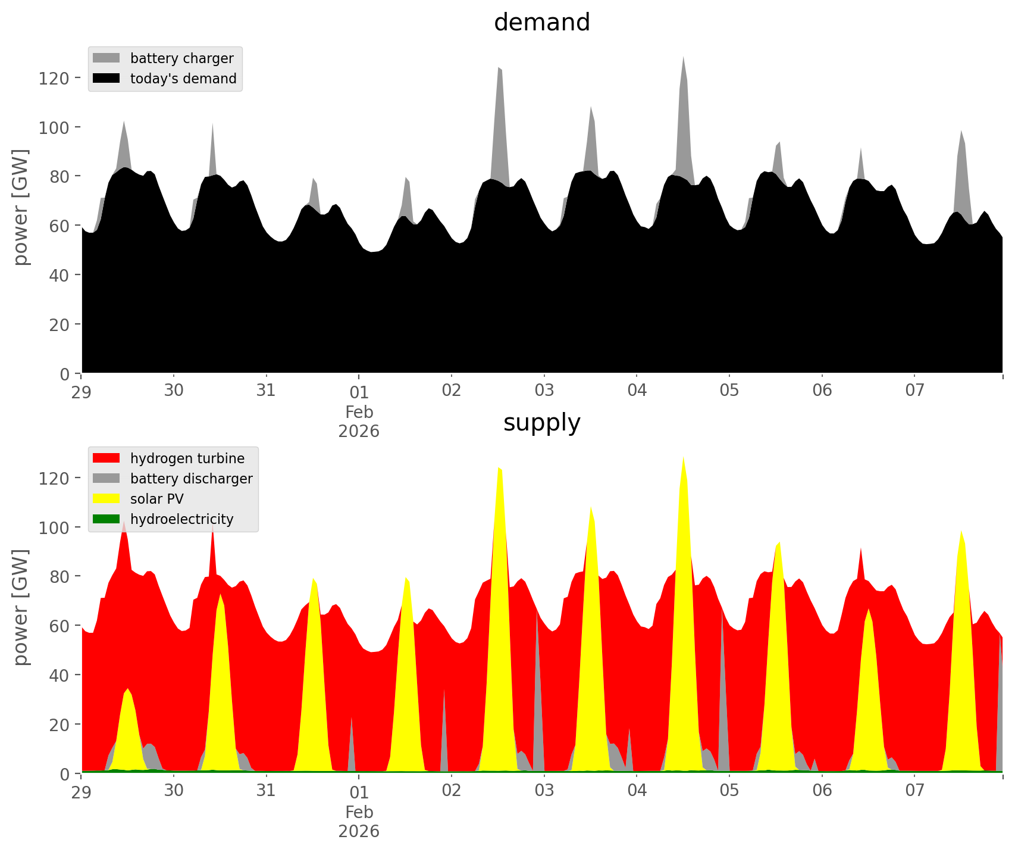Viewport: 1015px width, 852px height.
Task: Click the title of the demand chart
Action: click(541, 23)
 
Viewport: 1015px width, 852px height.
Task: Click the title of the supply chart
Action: click(541, 423)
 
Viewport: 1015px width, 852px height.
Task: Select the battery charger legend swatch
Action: click(106, 58)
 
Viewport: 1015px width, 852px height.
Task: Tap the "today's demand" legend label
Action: click(183, 79)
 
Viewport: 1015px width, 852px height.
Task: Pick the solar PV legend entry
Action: click(156, 499)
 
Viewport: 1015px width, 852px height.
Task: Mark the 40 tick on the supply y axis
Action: click(59, 675)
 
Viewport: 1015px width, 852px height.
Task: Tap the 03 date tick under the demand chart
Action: click(544, 391)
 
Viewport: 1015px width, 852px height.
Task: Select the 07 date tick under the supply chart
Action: click(914, 791)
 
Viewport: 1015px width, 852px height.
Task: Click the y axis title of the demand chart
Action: click(21, 207)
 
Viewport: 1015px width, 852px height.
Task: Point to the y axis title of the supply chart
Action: click(21, 607)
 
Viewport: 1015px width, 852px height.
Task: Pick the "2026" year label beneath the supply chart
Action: click(359, 831)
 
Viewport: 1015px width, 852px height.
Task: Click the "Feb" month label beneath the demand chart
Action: click(359, 411)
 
